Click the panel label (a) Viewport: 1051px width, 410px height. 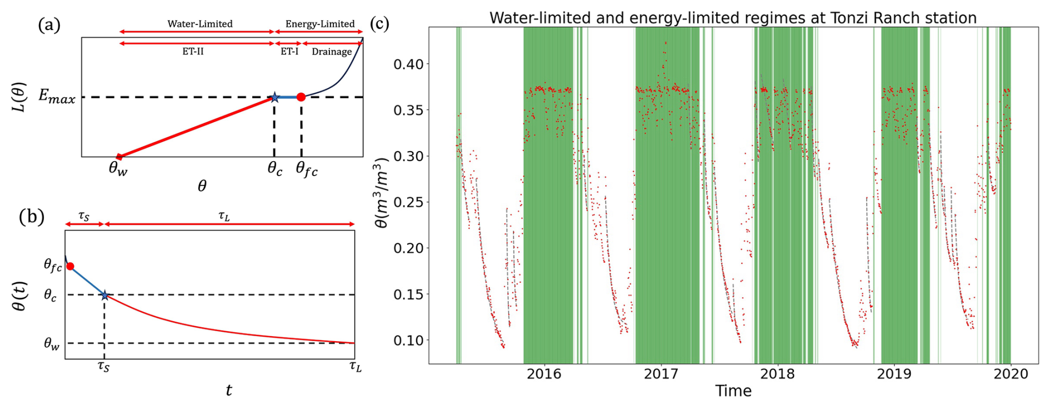(x=49, y=24)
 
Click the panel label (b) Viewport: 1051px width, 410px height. (x=31, y=216)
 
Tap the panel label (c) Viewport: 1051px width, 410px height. (x=379, y=23)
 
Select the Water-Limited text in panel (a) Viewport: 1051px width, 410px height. (x=200, y=24)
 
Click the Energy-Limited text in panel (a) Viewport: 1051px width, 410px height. (x=319, y=24)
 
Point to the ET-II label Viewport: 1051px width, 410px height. (x=193, y=52)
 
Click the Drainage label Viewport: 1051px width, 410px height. (x=332, y=52)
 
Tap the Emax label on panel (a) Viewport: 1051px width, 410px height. (x=57, y=97)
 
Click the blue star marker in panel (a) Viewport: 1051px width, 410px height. (x=274, y=98)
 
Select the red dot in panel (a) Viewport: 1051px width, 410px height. (x=301, y=97)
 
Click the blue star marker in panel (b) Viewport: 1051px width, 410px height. (x=104, y=295)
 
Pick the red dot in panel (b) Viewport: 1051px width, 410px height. (x=71, y=267)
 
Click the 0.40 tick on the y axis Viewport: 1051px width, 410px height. (x=408, y=64)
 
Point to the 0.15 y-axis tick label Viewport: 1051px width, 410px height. (x=408, y=294)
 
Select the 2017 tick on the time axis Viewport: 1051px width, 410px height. (x=660, y=374)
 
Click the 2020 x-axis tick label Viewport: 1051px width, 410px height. (x=1010, y=374)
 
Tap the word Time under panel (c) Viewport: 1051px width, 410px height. (x=733, y=391)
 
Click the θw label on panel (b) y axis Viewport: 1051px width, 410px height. (x=52, y=344)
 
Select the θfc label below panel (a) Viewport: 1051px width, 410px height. (x=307, y=169)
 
